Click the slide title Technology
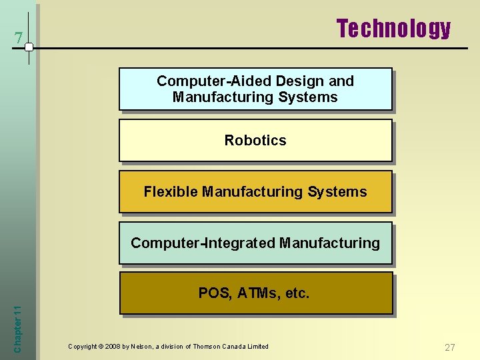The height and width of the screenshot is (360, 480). [393, 29]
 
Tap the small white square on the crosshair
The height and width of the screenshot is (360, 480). [29, 47]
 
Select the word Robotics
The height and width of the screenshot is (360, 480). [255, 141]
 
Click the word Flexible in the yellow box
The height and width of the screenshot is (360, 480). [171, 192]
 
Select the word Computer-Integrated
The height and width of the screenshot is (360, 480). [203, 243]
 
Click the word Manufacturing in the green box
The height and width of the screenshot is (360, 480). [329, 243]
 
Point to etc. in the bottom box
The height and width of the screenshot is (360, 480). [297, 293]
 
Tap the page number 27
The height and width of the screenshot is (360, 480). [450, 347]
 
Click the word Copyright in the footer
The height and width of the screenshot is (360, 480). [82, 347]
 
